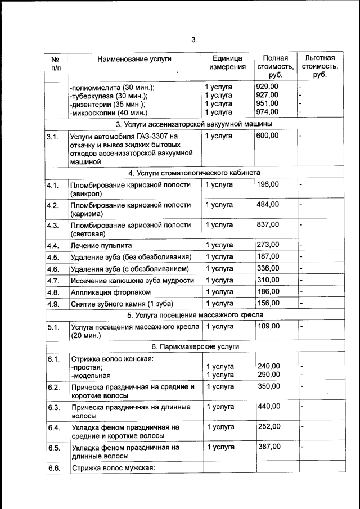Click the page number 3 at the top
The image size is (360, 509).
(x=193, y=40)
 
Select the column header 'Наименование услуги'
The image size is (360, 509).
(x=134, y=58)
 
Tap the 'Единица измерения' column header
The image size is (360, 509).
(x=227, y=62)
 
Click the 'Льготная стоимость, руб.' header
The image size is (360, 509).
(x=319, y=66)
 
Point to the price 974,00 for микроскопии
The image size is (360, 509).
(x=267, y=112)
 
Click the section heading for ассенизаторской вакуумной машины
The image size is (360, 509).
(x=194, y=123)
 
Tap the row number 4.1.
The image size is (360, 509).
(x=53, y=185)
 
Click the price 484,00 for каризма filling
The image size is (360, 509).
(x=268, y=204)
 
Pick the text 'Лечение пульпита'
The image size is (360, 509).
(x=101, y=245)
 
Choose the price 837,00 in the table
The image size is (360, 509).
(x=268, y=224)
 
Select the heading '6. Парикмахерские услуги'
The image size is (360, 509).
(x=194, y=346)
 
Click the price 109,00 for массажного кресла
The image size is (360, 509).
(x=268, y=326)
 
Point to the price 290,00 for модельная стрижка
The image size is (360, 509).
(x=268, y=375)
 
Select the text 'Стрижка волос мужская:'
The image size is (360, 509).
(x=112, y=468)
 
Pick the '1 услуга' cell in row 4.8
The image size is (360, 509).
(x=219, y=292)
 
